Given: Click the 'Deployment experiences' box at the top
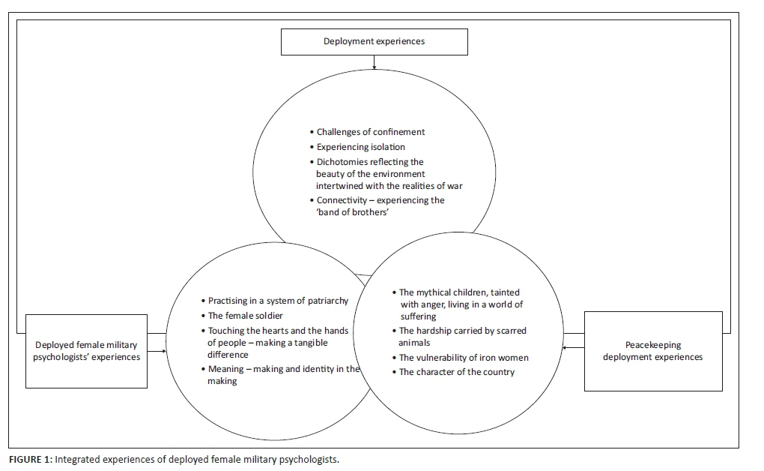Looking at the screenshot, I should click(x=374, y=41).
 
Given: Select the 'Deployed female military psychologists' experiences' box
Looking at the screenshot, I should click(x=87, y=351).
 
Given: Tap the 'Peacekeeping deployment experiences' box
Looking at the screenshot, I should click(x=652, y=351).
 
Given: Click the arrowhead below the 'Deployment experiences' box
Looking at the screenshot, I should click(x=374, y=65).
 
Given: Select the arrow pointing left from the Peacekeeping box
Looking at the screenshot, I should click(x=573, y=347).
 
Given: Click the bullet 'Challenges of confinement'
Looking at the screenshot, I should click(x=370, y=132).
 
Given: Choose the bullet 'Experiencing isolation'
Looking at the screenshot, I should click(x=360, y=147).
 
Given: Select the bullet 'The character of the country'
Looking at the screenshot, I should click(x=456, y=372).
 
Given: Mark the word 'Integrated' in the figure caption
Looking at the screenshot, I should click(x=76, y=459).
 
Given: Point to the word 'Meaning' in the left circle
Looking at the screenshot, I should click(x=227, y=369).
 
